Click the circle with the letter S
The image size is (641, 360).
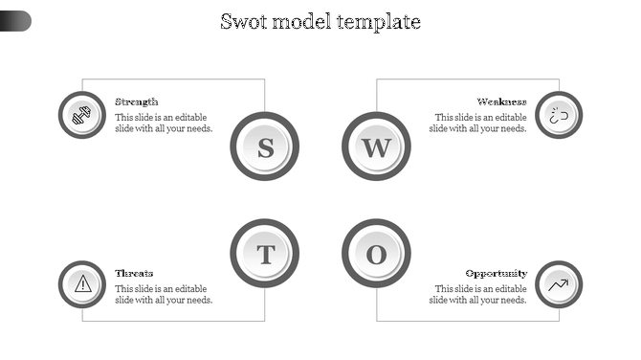[x=265, y=146]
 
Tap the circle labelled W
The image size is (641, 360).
[x=376, y=146]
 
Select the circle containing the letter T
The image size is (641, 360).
[x=265, y=254]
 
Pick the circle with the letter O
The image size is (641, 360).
[x=376, y=254]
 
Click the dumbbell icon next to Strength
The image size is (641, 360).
[x=82, y=115]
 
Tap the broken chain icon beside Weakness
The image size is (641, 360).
[x=559, y=115]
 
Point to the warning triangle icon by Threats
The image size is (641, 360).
[x=82, y=284]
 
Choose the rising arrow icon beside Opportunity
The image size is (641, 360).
[x=559, y=284]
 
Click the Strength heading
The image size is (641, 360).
[x=137, y=101]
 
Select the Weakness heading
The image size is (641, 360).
[x=502, y=101]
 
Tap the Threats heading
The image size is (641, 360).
[x=134, y=273]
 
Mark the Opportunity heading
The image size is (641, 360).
[x=497, y=273]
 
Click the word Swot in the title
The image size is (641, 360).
[x=243, y=21]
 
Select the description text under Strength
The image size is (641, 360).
[x=164, y=123]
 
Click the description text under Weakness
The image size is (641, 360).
[x=478, y=123]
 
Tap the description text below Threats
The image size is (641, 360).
[x=164, y=294]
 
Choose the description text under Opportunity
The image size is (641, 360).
[x=478, y=294]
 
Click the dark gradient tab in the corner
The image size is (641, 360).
[x=15, y=20]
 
